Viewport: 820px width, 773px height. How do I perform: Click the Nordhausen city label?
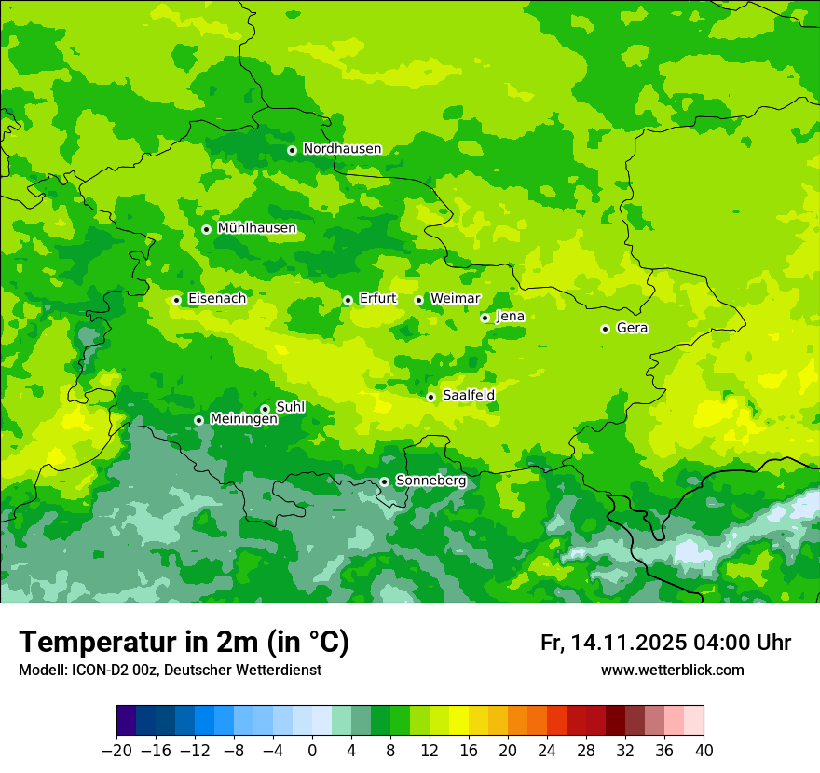pos(342,149)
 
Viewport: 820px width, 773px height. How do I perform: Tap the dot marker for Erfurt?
pos(348,300)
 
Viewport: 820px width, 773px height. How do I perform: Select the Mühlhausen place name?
pos(256,228)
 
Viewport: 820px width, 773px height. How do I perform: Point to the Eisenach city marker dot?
pos(176,300)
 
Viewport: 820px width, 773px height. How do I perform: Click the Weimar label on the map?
pos(455,299)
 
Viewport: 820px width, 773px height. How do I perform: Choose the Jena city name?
pos(510,317)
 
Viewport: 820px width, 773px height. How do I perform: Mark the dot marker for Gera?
pos(605,329)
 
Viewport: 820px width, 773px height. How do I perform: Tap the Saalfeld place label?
pos(468,396)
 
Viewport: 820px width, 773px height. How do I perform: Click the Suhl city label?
pos(290,408)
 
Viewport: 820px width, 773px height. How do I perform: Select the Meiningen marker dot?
pos(198,420)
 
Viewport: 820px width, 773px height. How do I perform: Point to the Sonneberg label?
pos(430,481)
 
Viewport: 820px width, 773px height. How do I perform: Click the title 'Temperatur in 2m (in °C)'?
pos(184,643)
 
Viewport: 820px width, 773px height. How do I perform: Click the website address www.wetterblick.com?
pos(672,671)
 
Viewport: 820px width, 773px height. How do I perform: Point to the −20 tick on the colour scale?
pos(116,751)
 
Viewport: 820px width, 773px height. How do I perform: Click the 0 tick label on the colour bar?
pos(312,751)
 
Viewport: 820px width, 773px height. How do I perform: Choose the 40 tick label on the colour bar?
pos(704,751)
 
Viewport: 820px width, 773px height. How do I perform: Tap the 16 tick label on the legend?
pos(469,751)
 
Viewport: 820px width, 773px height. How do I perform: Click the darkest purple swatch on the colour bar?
pos(126,721)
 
